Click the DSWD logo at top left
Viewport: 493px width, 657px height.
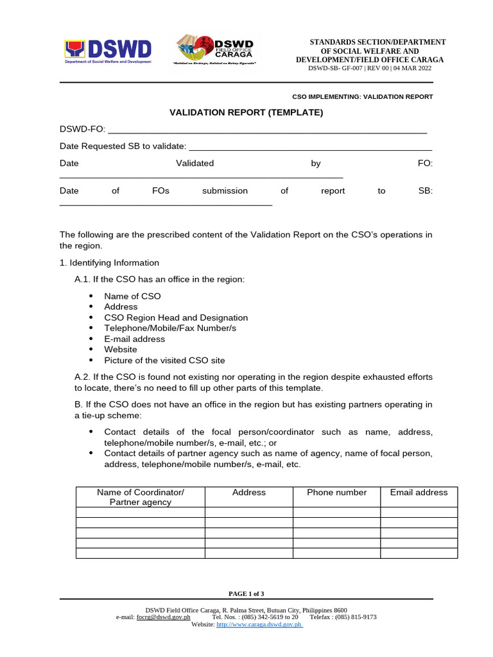tap(108, 52)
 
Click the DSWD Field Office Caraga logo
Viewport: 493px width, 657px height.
tap(215, 51)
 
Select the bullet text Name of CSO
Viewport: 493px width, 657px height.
tap(132, 296)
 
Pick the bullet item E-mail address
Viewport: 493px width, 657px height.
tap(134, 339)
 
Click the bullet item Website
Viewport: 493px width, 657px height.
tap(121, 350)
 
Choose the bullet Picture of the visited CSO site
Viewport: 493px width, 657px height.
tap(164, 360)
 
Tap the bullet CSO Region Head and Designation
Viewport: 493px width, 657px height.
tap(176, 318)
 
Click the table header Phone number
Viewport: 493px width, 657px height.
tap(337, 493)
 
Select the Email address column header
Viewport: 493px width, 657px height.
tap(419, 493)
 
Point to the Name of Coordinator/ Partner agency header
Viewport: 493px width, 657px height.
tap(141, 497)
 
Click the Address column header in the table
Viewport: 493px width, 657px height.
tap(249, 493)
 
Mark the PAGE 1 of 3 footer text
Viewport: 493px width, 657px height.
tap(246, 593)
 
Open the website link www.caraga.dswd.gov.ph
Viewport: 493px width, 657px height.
tap(259, 624)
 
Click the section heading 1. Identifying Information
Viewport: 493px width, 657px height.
tap(109, 262)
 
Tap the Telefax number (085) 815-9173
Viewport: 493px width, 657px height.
tap(356, 617)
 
